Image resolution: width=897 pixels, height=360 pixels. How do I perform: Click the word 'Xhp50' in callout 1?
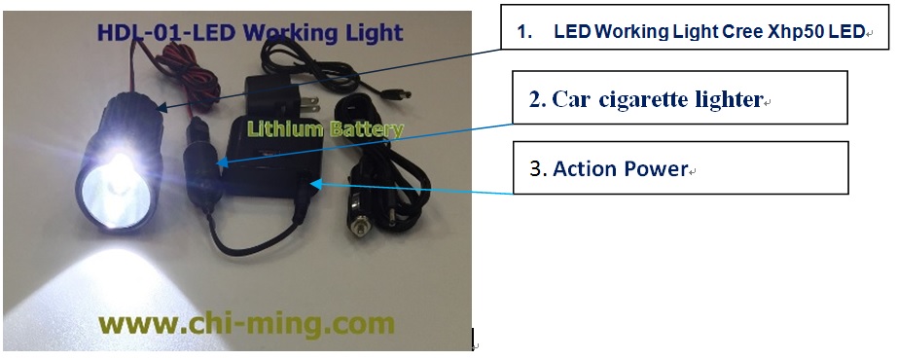792,32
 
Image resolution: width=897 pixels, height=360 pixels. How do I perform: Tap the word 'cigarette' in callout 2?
653,99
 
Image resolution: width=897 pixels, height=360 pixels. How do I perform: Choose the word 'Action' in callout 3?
584,168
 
